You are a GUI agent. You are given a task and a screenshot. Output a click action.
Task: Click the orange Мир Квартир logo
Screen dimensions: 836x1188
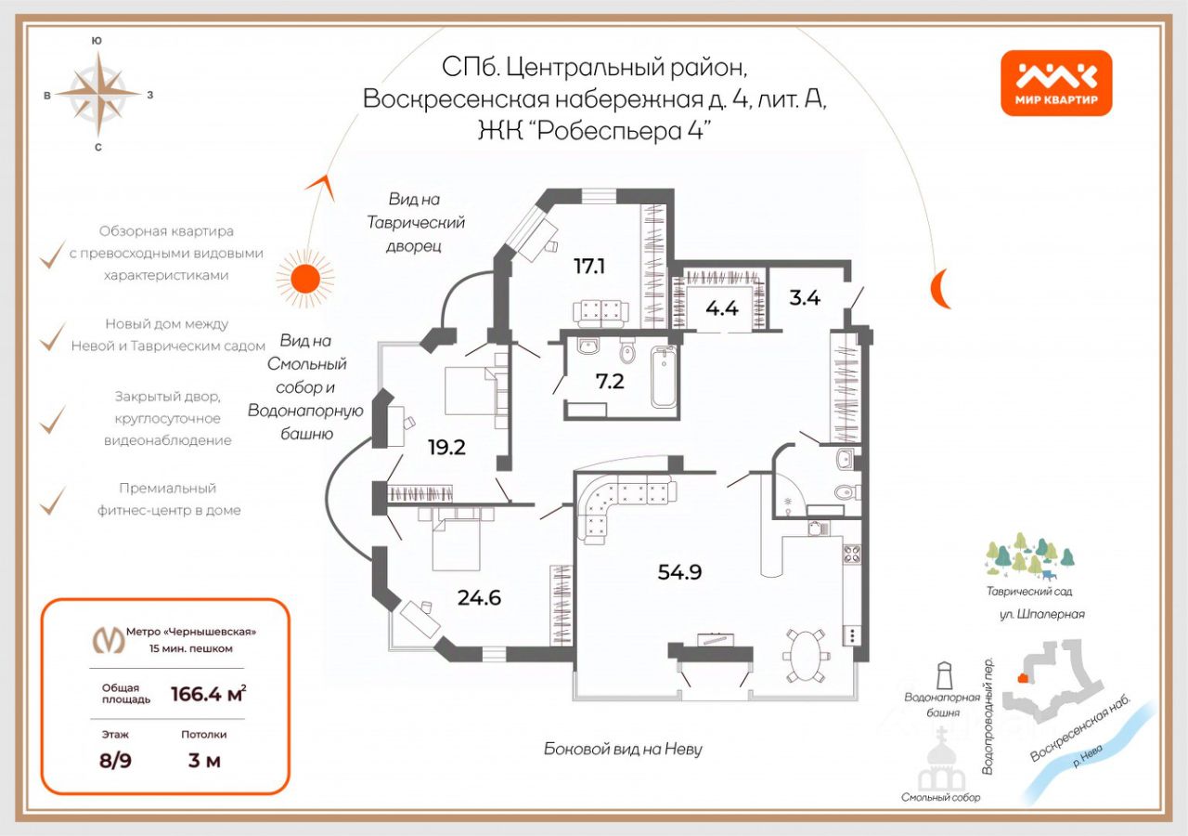1056,83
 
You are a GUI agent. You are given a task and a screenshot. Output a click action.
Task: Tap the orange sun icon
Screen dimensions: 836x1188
304,277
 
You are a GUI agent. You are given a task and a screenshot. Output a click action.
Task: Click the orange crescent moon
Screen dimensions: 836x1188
941,288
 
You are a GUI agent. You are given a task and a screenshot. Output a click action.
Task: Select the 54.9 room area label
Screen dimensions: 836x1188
679,572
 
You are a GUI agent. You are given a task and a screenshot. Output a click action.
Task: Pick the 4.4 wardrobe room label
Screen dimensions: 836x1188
721,308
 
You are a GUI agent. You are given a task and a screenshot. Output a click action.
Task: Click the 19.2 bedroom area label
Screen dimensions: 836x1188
446,447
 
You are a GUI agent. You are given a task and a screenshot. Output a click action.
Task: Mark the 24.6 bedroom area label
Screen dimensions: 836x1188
479,597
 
